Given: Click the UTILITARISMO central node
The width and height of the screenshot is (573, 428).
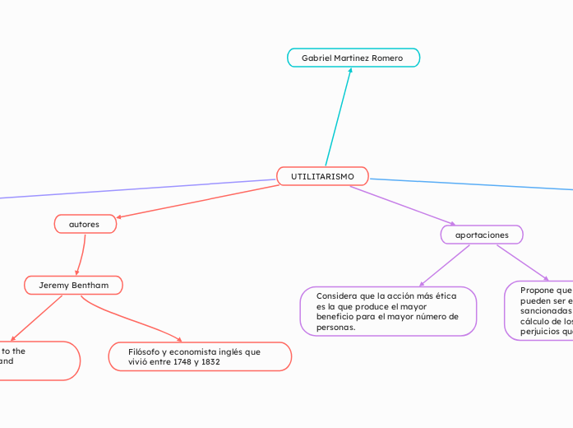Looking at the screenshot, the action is (x=322, y=176).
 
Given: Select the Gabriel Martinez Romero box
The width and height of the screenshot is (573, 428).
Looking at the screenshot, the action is (x=353, y=58).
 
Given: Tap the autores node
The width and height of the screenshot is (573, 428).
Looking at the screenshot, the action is (x=85, y=224).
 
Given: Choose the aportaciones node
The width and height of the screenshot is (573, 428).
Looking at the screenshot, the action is (x=482, y=235).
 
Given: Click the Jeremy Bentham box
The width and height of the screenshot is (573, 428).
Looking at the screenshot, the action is (x=73, y=285).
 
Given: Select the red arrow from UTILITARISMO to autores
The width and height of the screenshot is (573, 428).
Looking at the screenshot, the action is (x=197, y=202).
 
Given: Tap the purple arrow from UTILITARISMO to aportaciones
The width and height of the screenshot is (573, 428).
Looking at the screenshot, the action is (x=403, y=205).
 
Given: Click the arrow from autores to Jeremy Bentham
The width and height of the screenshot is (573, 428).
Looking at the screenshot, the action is (x=81, y=254).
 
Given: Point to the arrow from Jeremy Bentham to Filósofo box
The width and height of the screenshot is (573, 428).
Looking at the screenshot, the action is (x=132, y=322).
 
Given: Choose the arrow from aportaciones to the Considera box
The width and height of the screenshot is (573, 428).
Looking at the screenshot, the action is (x=444, y=265).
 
